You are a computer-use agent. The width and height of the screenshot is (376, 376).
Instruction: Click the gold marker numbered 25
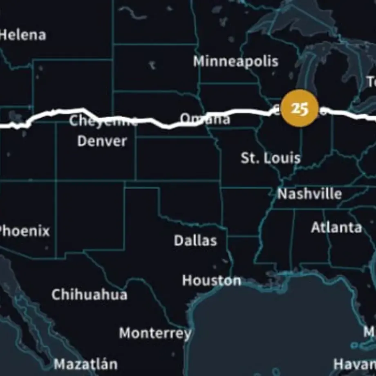pos(300,108)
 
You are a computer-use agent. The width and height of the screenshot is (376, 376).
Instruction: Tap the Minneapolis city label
pos(236,61)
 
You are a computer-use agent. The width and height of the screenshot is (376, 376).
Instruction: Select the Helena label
pos(23,35)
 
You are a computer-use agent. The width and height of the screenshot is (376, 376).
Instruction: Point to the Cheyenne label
pos(103,121)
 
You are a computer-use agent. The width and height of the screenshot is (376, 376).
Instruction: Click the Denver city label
pos(102,141)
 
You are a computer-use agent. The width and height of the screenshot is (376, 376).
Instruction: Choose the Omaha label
pos(205,119)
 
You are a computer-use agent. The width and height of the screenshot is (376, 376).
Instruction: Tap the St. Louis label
pos(271,158)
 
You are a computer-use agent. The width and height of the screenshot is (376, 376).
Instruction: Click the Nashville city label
pos(309,194)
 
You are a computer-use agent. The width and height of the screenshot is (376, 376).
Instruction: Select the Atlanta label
pos(336,227)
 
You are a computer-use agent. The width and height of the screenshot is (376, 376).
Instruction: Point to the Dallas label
pos(195,240)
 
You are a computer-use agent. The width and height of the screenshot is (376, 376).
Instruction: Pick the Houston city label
pos(211,280)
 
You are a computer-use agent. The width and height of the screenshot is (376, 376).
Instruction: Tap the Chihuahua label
pos(90,294)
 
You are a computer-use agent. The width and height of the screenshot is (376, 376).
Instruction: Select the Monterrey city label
pos(155,333)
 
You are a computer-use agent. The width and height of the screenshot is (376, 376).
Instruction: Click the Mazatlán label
pos(86,364)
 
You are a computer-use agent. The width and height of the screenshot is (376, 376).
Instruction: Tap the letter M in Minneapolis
pos(199,61)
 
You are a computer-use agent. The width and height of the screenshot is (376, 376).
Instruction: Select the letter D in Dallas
pos(178,240)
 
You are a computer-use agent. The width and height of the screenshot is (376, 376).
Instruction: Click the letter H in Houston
pos(186,280)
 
